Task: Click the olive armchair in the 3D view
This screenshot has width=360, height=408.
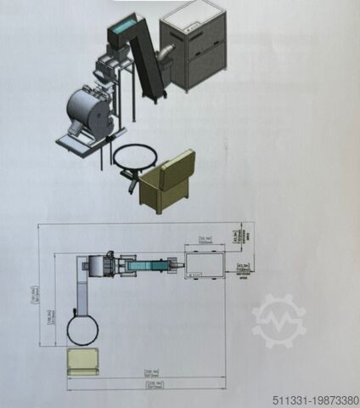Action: [x=167, y=181]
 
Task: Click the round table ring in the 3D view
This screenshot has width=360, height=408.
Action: [x=133, y=157]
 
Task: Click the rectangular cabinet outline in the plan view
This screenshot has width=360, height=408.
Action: [x=204, y=265]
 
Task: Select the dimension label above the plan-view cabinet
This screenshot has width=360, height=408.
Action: [x=205, y=240]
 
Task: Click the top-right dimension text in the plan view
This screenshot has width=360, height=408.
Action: [x=244, y=232]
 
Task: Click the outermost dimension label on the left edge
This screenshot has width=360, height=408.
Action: [x=34, y=293]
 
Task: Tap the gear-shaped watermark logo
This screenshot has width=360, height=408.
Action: [x=279, y=320]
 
